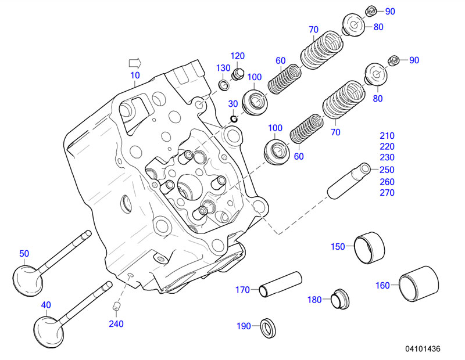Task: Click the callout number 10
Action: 135,76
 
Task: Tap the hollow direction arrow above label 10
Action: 135,62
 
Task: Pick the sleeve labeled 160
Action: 419,285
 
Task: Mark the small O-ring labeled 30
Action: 234,120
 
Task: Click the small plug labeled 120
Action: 237,74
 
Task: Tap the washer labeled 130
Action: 223,87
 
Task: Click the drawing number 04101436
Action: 423,349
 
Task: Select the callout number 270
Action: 387,193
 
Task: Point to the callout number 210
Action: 387,136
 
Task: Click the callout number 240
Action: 116,324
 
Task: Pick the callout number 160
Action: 383,285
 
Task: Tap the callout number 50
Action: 24,253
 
